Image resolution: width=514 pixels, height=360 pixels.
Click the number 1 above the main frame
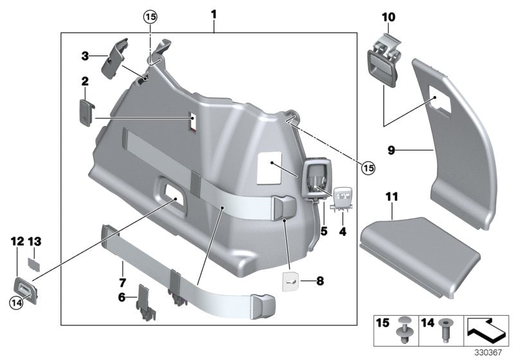click(x=214, y=13)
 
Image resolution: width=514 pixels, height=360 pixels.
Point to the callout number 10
click(x=389, y=17)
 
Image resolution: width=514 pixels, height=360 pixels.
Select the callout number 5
click(x=324, y=230)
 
